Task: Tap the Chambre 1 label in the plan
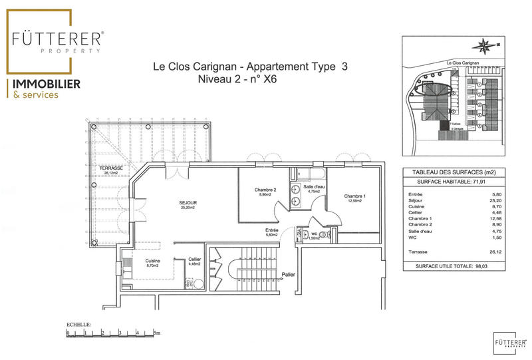click(x=354, y=196)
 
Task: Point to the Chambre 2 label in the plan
click(x=265, y=190)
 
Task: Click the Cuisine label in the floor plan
click(x=152, y=261)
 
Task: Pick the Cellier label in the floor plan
click(x=194, y=259)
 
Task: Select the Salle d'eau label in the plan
click(x=313, y=188)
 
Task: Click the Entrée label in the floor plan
click(x=272, y=230)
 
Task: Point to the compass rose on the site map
click(x=483, y=46)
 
